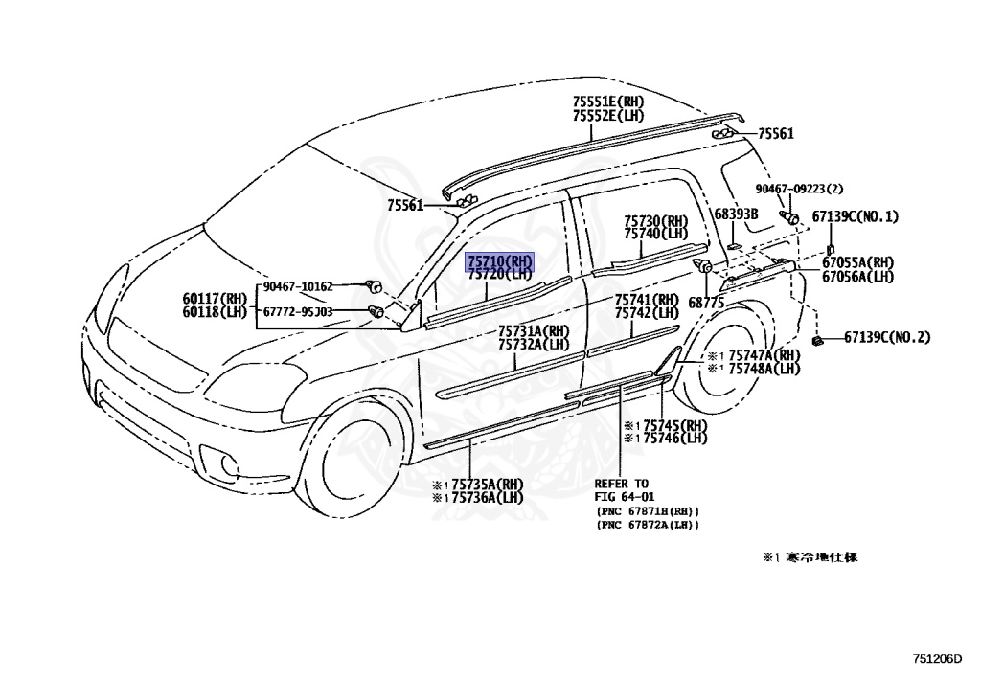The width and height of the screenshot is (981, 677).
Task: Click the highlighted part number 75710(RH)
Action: pyautogui.click(x=499, y=261)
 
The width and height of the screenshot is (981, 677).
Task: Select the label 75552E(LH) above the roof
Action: pyautogui.click(x=608, y=115)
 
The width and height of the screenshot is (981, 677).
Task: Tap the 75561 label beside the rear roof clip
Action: pyautogui.click(x=776, y=135)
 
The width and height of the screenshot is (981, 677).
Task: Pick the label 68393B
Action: pyautogui.click(x=736, y=214)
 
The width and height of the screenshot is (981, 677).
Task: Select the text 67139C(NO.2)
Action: pyautogui.click(x=887, y=337)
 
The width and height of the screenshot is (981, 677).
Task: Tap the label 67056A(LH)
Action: pyautogui.click(x=857, y=277)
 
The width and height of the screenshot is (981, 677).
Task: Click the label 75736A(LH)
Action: pyautogui.click(x=488, y=497)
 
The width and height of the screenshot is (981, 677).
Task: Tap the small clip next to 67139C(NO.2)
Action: pyautogui.click(x=817, y=339)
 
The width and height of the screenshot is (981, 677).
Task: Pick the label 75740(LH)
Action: pyautogui.click(x=655, y=234)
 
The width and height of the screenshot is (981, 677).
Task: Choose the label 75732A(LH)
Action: pyautogui.click(x=533, y=345)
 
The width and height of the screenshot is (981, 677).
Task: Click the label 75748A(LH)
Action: pyautogui.click(x=764, y=369)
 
